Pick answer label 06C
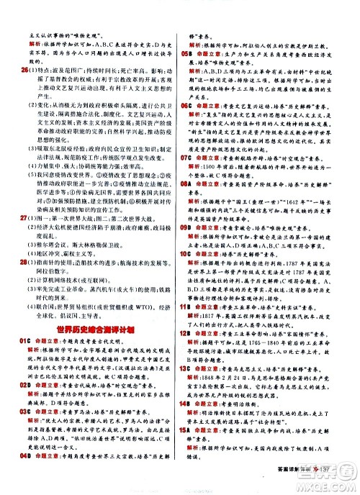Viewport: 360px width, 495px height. coord(186,106)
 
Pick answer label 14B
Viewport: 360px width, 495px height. coord(186,424)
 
